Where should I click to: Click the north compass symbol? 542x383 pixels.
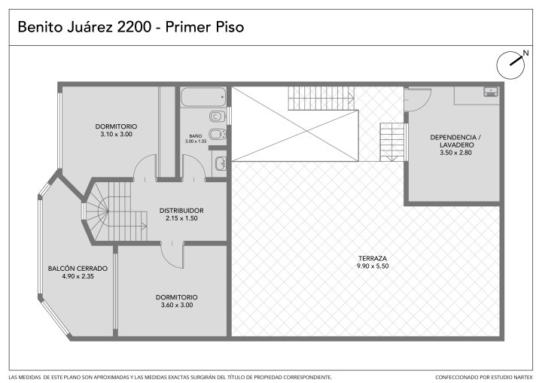[510, 65]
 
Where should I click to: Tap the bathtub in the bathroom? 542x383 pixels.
[203, 97]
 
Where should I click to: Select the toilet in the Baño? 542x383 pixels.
[218, 117]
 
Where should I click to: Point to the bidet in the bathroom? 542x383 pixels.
[218, 134]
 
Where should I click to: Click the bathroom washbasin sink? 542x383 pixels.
[221, 163]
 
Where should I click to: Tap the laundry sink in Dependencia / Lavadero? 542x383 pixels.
[491, 92]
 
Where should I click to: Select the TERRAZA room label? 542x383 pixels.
[373, 258]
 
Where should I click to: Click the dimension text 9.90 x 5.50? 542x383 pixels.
[373, 266]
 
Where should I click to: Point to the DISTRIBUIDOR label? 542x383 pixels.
[181, 211]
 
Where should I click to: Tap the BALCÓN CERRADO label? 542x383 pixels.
[78, 269]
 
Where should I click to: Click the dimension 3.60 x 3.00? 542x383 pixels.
[177, 305]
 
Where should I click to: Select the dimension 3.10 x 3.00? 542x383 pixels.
[117, 134]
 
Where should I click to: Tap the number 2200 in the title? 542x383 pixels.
[134, 27]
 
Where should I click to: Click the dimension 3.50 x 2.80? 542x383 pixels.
[455, 153]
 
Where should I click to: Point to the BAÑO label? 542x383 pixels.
[196, 136]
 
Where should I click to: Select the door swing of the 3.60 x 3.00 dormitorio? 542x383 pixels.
[172, 256]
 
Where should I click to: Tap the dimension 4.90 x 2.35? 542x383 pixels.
[78, 276]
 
